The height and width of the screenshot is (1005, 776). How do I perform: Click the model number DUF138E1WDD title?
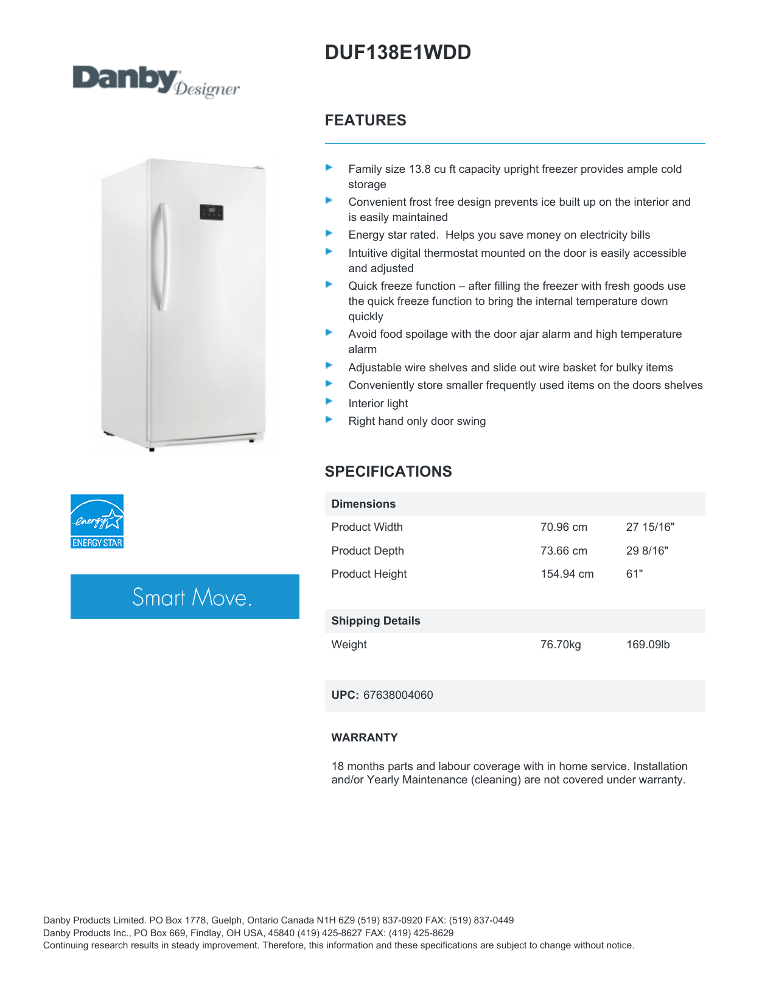tap(397, 53)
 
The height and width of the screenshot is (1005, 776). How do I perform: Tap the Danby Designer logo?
tap(156, 82)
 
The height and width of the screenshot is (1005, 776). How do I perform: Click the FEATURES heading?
tap(365, 121)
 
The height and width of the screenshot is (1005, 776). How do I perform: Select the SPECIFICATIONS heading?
tap(388, 472)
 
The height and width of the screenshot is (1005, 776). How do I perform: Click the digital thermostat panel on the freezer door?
tap(211, 212)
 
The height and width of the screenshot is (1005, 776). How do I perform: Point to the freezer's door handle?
tap(162, 257)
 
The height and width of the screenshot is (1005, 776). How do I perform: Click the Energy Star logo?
tap(97, 521)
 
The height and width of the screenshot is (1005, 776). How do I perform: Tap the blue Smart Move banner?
tap(185, 597)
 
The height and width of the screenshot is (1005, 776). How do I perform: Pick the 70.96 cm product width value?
tap(564, 527)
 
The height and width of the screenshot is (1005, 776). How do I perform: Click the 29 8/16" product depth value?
tap(646, 551)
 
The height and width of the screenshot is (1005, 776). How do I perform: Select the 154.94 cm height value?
tap(567, 574)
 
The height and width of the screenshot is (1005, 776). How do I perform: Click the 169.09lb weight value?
tap(648, 645)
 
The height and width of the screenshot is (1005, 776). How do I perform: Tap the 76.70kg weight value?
tap(561, 645)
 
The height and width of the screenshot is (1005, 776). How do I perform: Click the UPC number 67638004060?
tap(398, 695)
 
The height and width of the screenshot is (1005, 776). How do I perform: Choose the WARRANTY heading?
tap(364, 738)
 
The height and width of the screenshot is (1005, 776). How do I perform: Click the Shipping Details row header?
tap(376, 621)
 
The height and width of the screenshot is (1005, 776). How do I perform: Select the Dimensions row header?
tap(363, 504)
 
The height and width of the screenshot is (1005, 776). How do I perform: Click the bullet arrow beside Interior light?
tap(329, 402)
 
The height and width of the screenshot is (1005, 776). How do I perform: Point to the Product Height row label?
tap(369, 574)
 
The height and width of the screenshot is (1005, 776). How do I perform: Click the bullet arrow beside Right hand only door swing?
tap(329, 419)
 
